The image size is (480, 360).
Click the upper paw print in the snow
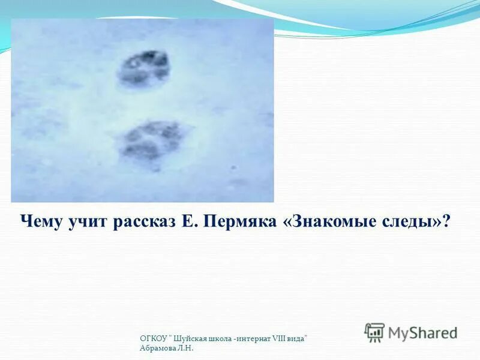143,68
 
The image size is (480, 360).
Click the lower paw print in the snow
151,140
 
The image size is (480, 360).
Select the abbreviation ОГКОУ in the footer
151,340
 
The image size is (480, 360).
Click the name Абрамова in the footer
158,348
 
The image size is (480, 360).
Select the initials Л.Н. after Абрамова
187,348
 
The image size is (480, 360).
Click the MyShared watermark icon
374,332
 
